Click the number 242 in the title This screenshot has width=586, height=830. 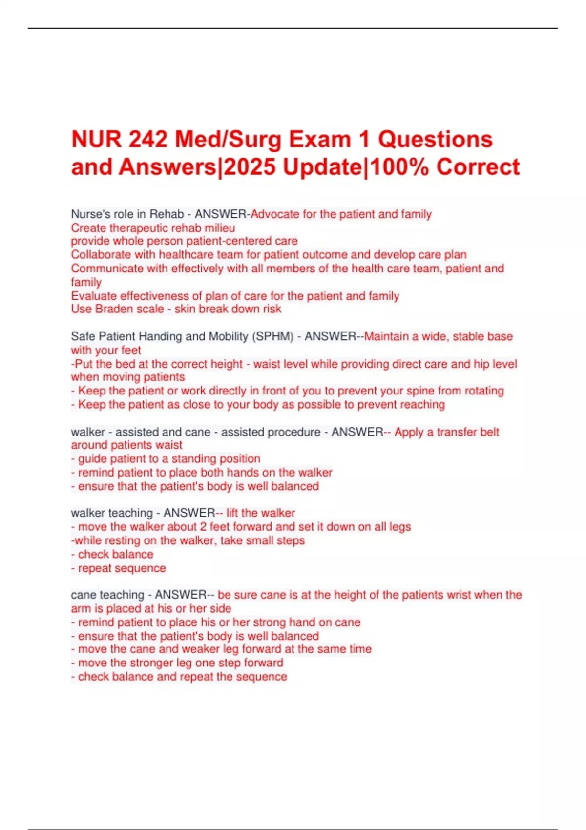(148, 140)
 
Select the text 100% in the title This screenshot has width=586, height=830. (400, 167)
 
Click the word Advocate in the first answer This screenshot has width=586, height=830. (274, 214)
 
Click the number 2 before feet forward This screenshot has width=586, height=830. (203, 527)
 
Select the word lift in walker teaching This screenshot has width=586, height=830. (232, 513)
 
